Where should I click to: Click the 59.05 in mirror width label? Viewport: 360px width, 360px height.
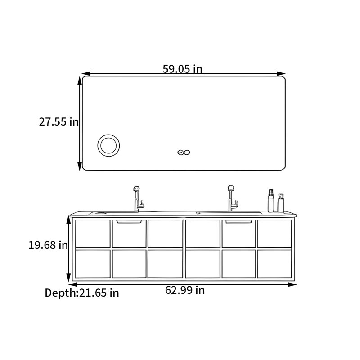183,69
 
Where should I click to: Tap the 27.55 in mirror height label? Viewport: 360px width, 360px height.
59,121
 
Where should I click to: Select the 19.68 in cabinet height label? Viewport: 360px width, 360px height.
48,245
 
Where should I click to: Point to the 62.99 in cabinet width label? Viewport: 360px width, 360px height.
185,290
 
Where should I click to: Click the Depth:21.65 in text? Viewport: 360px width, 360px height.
82,293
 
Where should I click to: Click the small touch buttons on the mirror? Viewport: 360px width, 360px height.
184,152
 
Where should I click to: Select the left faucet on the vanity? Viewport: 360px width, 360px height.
138,199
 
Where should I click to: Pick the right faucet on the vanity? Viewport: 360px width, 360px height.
232,198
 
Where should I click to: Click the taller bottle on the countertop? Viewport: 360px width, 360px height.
271,201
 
